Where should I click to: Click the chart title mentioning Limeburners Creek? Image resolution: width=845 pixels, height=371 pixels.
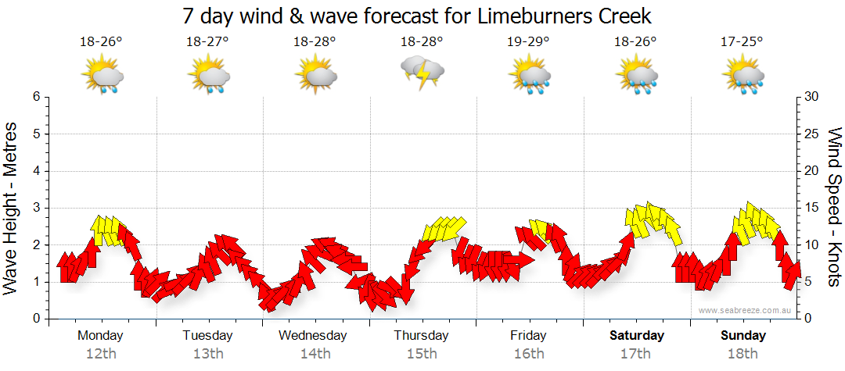pos(416,16)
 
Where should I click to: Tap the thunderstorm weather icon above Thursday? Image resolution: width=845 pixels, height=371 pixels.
pos(422,73)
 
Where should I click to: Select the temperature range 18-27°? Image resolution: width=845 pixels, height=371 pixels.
pos(207,42)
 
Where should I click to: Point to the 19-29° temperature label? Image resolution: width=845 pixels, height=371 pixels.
pos(528,42)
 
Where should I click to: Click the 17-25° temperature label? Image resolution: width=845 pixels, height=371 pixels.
pos(742,42)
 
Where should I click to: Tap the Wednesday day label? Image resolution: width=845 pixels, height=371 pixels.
pos(313,336)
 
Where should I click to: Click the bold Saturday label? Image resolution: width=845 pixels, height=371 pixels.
pos(637,336)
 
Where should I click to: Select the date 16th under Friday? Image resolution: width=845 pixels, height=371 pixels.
pos(529,354)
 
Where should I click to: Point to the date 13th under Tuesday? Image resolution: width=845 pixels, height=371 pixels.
pos(207,354)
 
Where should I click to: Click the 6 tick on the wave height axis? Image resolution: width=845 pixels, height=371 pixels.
pos(35,97)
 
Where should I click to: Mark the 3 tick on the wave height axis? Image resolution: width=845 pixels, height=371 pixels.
pos(35,208)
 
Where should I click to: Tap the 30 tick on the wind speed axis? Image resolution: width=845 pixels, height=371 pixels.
pos(811,97)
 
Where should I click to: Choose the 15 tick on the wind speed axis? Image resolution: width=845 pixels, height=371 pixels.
pos(811,208)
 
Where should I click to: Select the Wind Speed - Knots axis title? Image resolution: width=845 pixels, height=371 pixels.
pos(833,207)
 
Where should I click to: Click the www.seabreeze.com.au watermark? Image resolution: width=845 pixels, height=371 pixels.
pos(746,310)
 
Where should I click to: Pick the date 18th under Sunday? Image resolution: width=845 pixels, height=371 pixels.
pos(743,354)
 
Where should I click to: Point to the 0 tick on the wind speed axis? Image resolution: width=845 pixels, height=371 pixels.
pos(807,319)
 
